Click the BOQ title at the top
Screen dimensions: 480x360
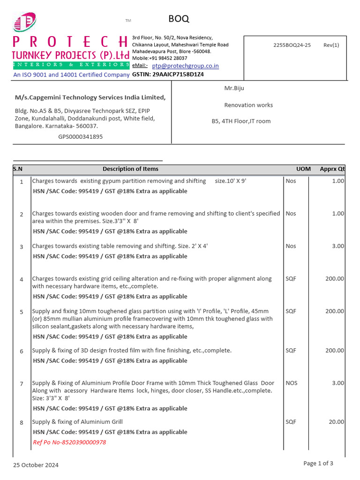click(179, 19)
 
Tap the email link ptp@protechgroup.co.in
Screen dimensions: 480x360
click(185, 66)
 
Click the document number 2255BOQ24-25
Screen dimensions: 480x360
click(292, 45)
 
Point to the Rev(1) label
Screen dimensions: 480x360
click(331, 45)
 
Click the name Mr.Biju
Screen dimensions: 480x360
click(234, 88)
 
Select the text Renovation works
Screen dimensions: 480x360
click(248, 105)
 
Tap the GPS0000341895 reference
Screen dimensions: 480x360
click(81, 137)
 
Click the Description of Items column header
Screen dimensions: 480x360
click(130, 169)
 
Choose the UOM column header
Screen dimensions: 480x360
click(303, 169)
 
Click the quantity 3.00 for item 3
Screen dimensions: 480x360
click(337, 246)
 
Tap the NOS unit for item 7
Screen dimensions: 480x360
click(291, 383)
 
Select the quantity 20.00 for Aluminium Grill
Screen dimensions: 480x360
click(336, 422)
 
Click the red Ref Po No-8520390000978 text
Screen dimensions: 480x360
click(69, 442)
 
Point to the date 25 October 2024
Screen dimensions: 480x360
click(36, 465)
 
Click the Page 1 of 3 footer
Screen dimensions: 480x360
click(318, 464)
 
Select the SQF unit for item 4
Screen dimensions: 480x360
click(291, 278)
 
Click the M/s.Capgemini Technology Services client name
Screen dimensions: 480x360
click(90, 97)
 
